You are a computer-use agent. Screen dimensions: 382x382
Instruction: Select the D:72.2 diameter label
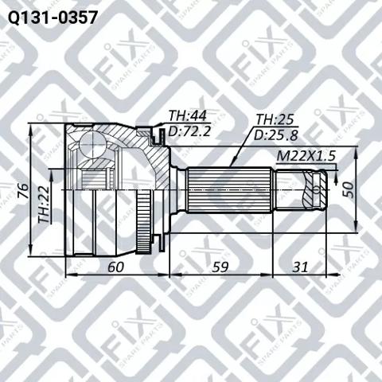pos(188,131)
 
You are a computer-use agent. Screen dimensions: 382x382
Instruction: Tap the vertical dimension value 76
pos(23,191)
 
